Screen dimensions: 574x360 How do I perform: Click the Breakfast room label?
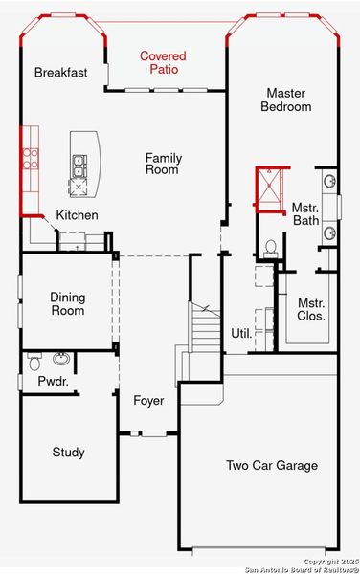[61, 73]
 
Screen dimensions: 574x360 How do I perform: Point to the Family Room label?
[164, 165]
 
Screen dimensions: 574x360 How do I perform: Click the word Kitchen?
[77, 215]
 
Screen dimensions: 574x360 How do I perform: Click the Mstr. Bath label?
[305, 213]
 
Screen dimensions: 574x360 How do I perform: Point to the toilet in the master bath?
[270, 248]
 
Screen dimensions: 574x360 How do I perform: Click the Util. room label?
[240, 333]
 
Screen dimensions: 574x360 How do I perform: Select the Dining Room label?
[67, 303]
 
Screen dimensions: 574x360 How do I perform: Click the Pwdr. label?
[51, 381]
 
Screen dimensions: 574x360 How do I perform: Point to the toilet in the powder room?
[34, 362]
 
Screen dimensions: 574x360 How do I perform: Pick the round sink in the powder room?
[61, 359]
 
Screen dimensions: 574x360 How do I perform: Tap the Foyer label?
[147, 401]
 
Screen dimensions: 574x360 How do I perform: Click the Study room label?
[68, 453]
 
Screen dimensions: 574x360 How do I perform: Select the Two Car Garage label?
[272, 466]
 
